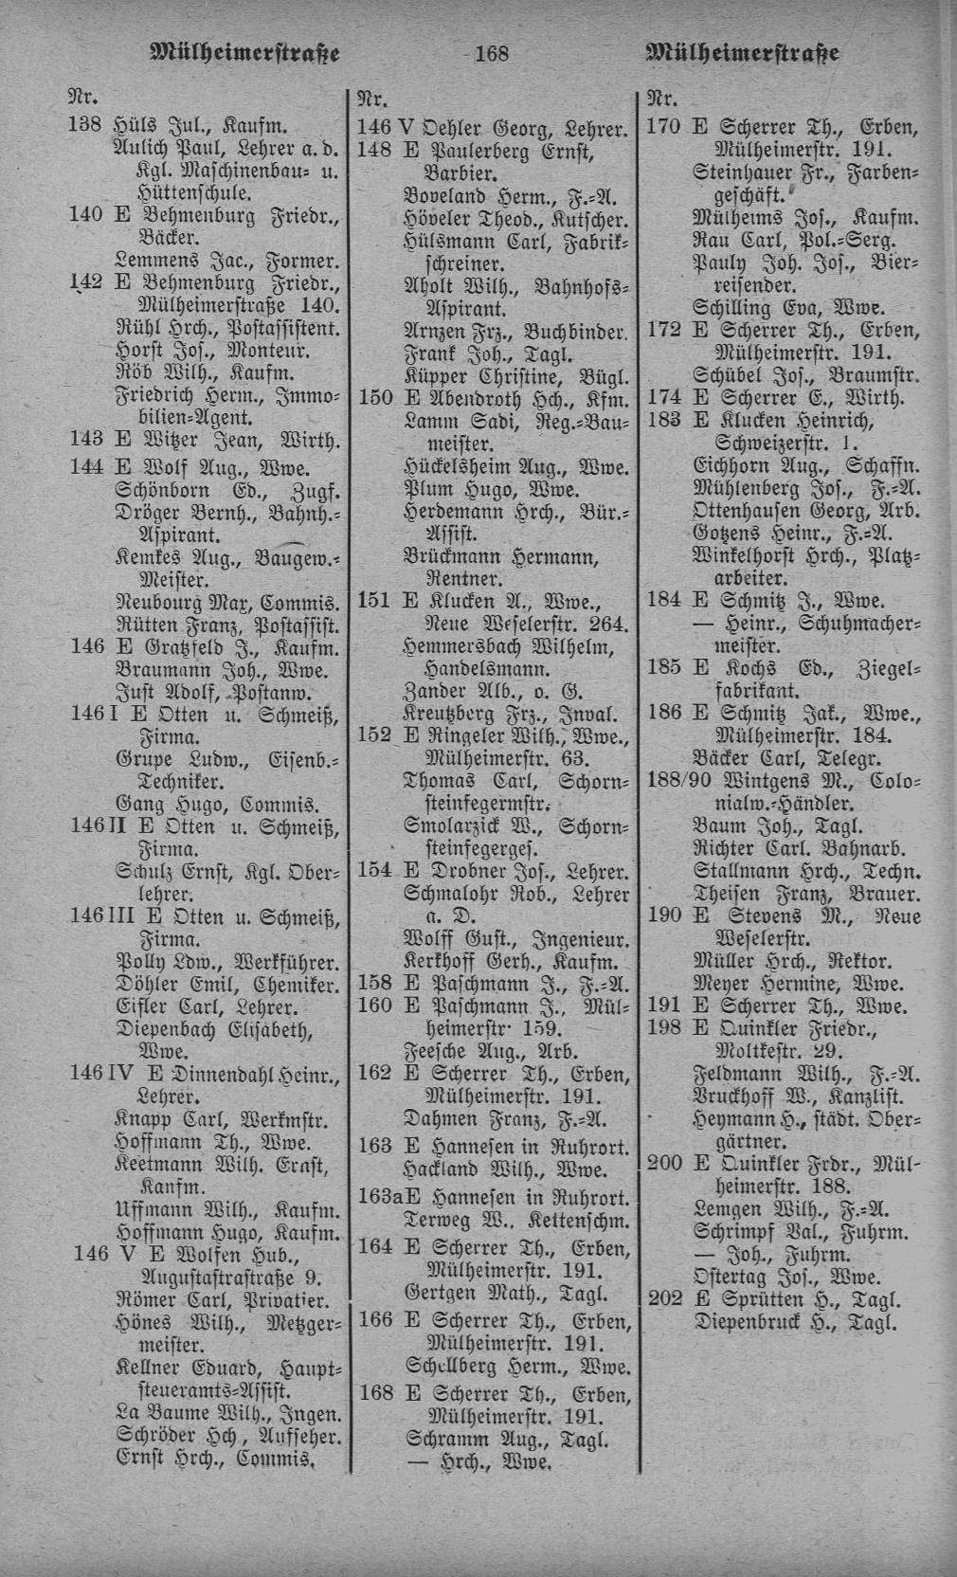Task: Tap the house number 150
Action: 374,397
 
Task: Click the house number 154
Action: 374,871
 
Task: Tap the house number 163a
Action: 375,1195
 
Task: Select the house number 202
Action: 664,1299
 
